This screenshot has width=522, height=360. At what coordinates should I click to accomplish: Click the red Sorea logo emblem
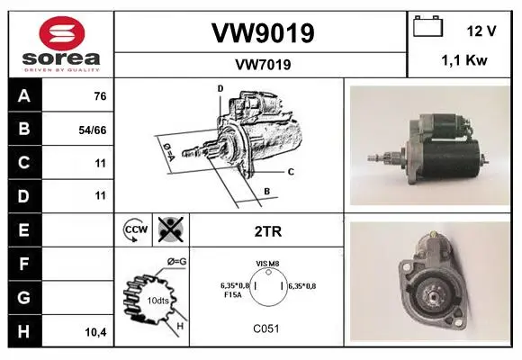(x=62, y=33)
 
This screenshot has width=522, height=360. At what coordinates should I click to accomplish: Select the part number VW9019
(x=263, y=33)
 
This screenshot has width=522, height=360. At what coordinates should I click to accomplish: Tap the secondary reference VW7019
(x=263, y=65)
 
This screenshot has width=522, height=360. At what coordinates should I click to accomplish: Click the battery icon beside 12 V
(x=428, y=26)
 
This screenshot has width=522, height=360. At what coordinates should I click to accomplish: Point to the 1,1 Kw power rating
(x=464, y=60)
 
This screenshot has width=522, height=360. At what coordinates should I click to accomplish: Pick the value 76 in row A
(x=100, y=96)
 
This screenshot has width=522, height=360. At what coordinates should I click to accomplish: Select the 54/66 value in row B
(x=93, y=130)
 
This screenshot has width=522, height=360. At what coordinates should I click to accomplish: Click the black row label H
(x=24, y=332)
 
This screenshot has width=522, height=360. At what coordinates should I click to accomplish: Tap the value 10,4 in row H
(x=96, y=332)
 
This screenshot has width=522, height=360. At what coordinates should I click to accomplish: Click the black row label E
(x=24, y=230)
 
